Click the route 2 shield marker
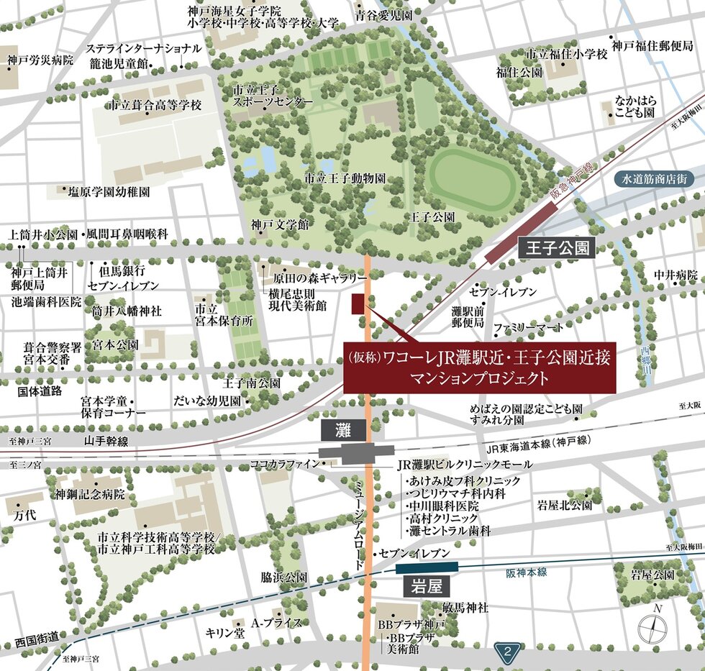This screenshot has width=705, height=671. (x=509, y=653)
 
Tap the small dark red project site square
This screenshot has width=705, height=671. (x=358, y=304)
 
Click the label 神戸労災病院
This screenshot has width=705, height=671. (x=41, y=60)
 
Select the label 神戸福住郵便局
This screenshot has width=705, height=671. (x=652, y=46)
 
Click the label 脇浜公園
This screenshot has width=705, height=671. (x=285, y=578)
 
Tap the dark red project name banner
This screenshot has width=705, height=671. (x=480, y=367)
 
